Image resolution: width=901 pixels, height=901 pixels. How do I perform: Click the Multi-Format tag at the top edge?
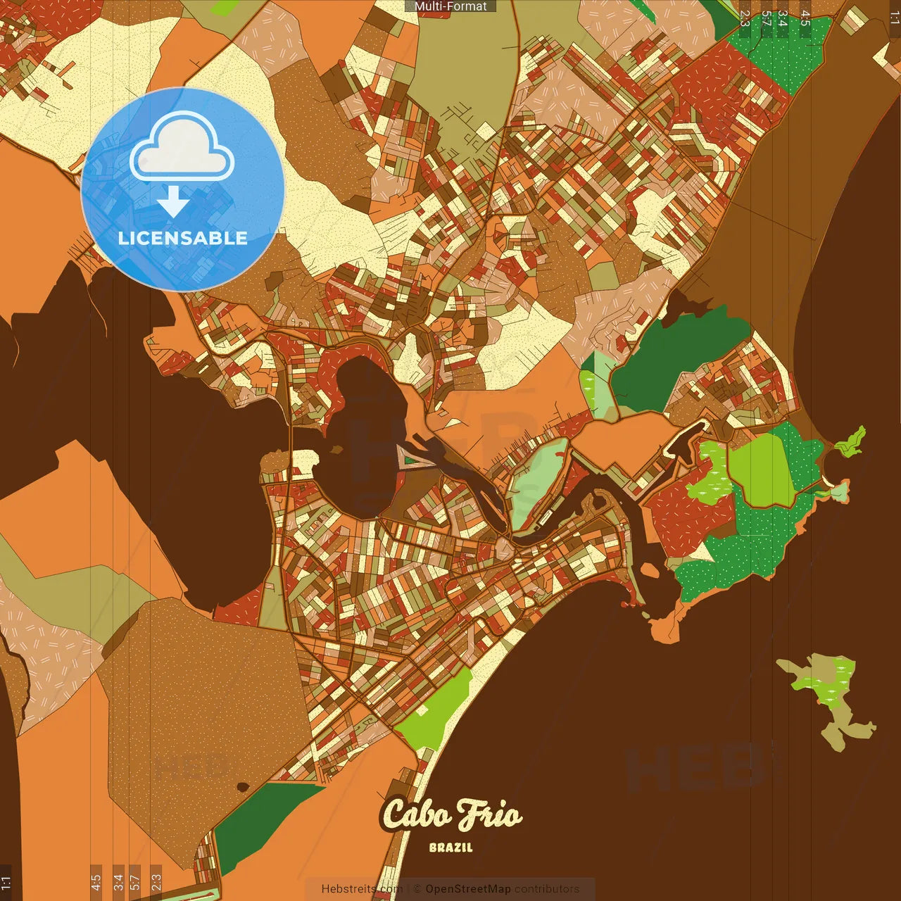(x=450, y=6)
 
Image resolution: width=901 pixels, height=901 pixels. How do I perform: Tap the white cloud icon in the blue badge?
(x=182, y=149)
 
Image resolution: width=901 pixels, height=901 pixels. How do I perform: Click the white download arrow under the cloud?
(x=173, y=203)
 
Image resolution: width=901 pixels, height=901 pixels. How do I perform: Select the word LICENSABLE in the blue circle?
(x=182, y=238)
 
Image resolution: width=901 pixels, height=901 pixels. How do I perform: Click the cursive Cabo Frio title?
(x=450, y=815)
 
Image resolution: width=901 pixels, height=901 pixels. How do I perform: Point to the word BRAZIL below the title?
(x=450, y=848)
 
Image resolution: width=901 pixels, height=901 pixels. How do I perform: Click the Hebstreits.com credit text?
(x=362, y=889)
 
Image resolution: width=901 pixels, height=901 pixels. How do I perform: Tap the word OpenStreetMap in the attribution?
(x=467, y=889)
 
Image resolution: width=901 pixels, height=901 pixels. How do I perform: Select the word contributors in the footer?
(x=546, y=889)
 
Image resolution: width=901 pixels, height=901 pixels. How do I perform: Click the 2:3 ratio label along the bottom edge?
(x=156, y=882)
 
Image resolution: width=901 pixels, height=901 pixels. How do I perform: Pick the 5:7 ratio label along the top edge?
(x=765, y=19)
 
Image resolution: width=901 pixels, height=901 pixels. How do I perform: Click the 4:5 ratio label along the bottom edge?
(x=96, y=882)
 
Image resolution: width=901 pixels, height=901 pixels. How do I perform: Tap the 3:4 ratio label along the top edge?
(x=782, y=19)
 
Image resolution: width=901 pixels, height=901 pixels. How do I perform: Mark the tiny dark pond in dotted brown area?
(x=242, y=786)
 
